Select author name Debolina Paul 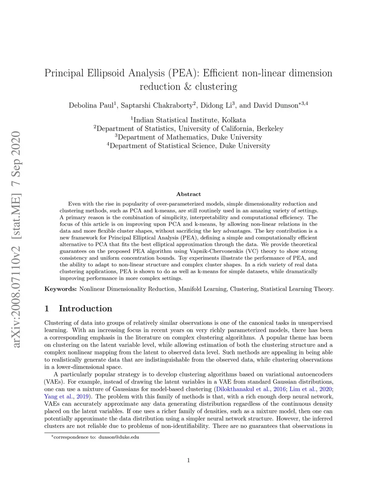click(x=91, y=105)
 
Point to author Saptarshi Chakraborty click(x=157, y=105)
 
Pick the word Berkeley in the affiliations click(x=270, y=129)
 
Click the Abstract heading click(x=188, y=194)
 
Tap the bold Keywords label click(x=60, y=289)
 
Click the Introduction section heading click(x=85, y=309)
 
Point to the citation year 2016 click(x=279, y=389)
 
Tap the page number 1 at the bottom click(x=188, y=460)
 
